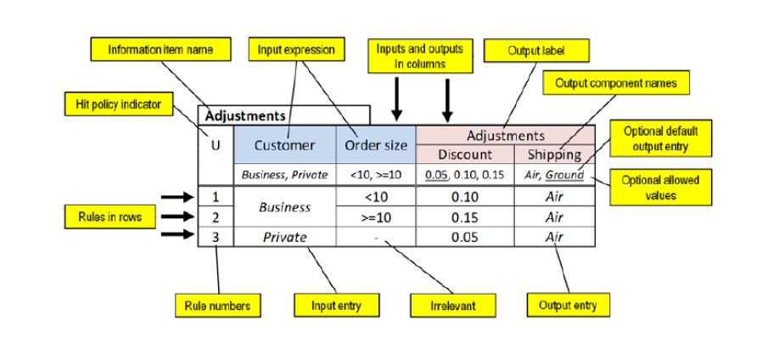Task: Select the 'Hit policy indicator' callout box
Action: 119,104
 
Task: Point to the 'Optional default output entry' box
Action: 660,139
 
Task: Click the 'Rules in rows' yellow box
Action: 104,217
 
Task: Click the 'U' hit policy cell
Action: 216,145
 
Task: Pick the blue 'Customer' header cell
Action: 284,145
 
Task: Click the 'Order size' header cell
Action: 375,145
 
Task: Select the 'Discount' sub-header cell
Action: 464,155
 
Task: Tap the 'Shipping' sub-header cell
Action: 554,155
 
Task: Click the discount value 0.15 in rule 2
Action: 464,217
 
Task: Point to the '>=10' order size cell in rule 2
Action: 375,217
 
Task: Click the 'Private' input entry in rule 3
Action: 284,237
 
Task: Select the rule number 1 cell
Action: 216,196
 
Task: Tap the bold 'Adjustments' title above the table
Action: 243,114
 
